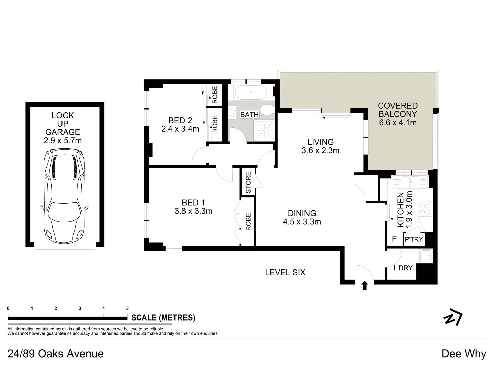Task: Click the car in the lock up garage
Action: [x=64, y=196]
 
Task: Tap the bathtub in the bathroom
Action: [x=251, y=92]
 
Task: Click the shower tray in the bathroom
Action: [x=264, y=130]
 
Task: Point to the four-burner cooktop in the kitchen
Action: [x=425, y=209]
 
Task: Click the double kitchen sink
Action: [x=410, y=182]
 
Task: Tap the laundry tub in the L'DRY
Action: [x=426, y=256]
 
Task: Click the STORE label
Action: [x=248, y=182]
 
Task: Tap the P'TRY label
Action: [x=414, y=239]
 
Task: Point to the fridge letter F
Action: [x=394, y=239]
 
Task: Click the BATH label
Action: [x=249, y=115]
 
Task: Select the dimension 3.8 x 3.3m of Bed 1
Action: [x=194, y=211]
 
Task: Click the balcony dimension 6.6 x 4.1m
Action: [x=398, y=123]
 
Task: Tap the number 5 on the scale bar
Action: [x=127, y=308]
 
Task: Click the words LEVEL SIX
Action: [x=285, y=272]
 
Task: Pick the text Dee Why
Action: [x=464, y=354]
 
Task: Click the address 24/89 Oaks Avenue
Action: [x=55, y=354]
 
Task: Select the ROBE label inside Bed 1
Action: [x=248, y=222]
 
